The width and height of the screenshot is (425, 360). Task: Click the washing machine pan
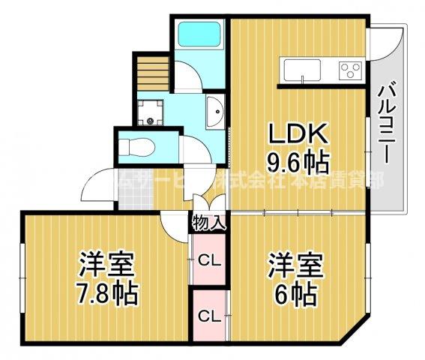pos(152,114)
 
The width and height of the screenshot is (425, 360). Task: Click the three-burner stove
pos(349,71)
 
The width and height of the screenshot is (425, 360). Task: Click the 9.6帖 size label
pos(298,160)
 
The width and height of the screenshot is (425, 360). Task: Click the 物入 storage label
pos(208,223)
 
